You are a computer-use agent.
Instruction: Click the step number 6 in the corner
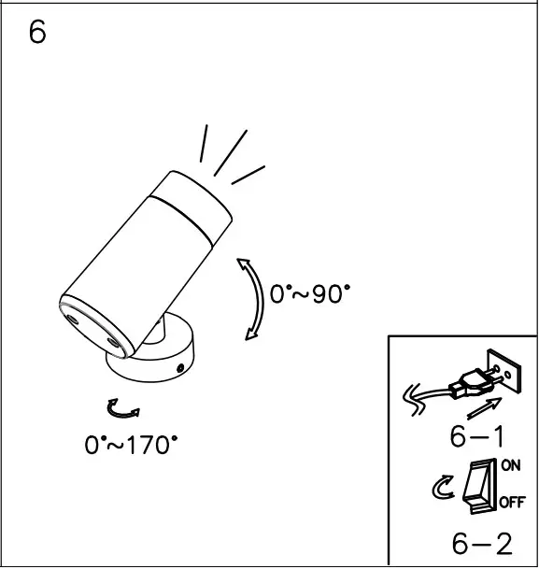tap(37, 33)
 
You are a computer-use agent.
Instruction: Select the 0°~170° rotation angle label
tap(131, 445)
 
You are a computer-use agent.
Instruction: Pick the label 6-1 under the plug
tap(477, 436)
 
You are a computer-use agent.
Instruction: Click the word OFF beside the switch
tap(511, 503)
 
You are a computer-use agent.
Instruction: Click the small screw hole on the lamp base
tap(180, 368)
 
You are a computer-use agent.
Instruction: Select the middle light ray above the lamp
tap(230, 152)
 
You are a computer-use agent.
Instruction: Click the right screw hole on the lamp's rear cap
tap(116, 344)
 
